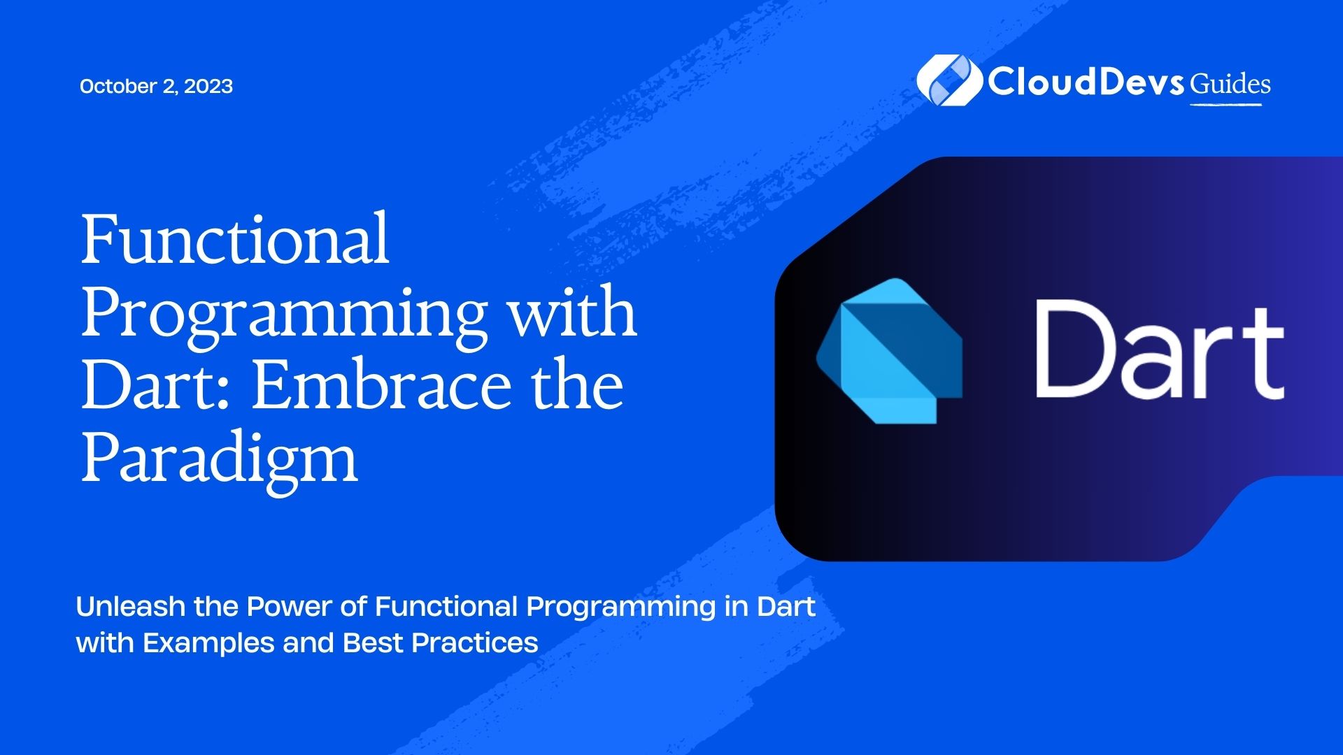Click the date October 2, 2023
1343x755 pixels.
tap(156, 86)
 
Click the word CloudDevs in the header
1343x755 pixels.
tap(1086, 82)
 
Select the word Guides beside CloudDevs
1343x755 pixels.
tap(1230, 84)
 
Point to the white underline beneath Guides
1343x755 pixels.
tap(1226, 105)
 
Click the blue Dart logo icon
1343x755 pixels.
tap(890, 351)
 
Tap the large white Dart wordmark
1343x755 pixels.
tap(1159, 350)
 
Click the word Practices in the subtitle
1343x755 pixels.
tap(475, 642)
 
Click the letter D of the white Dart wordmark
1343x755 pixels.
tap(1076, 348)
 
